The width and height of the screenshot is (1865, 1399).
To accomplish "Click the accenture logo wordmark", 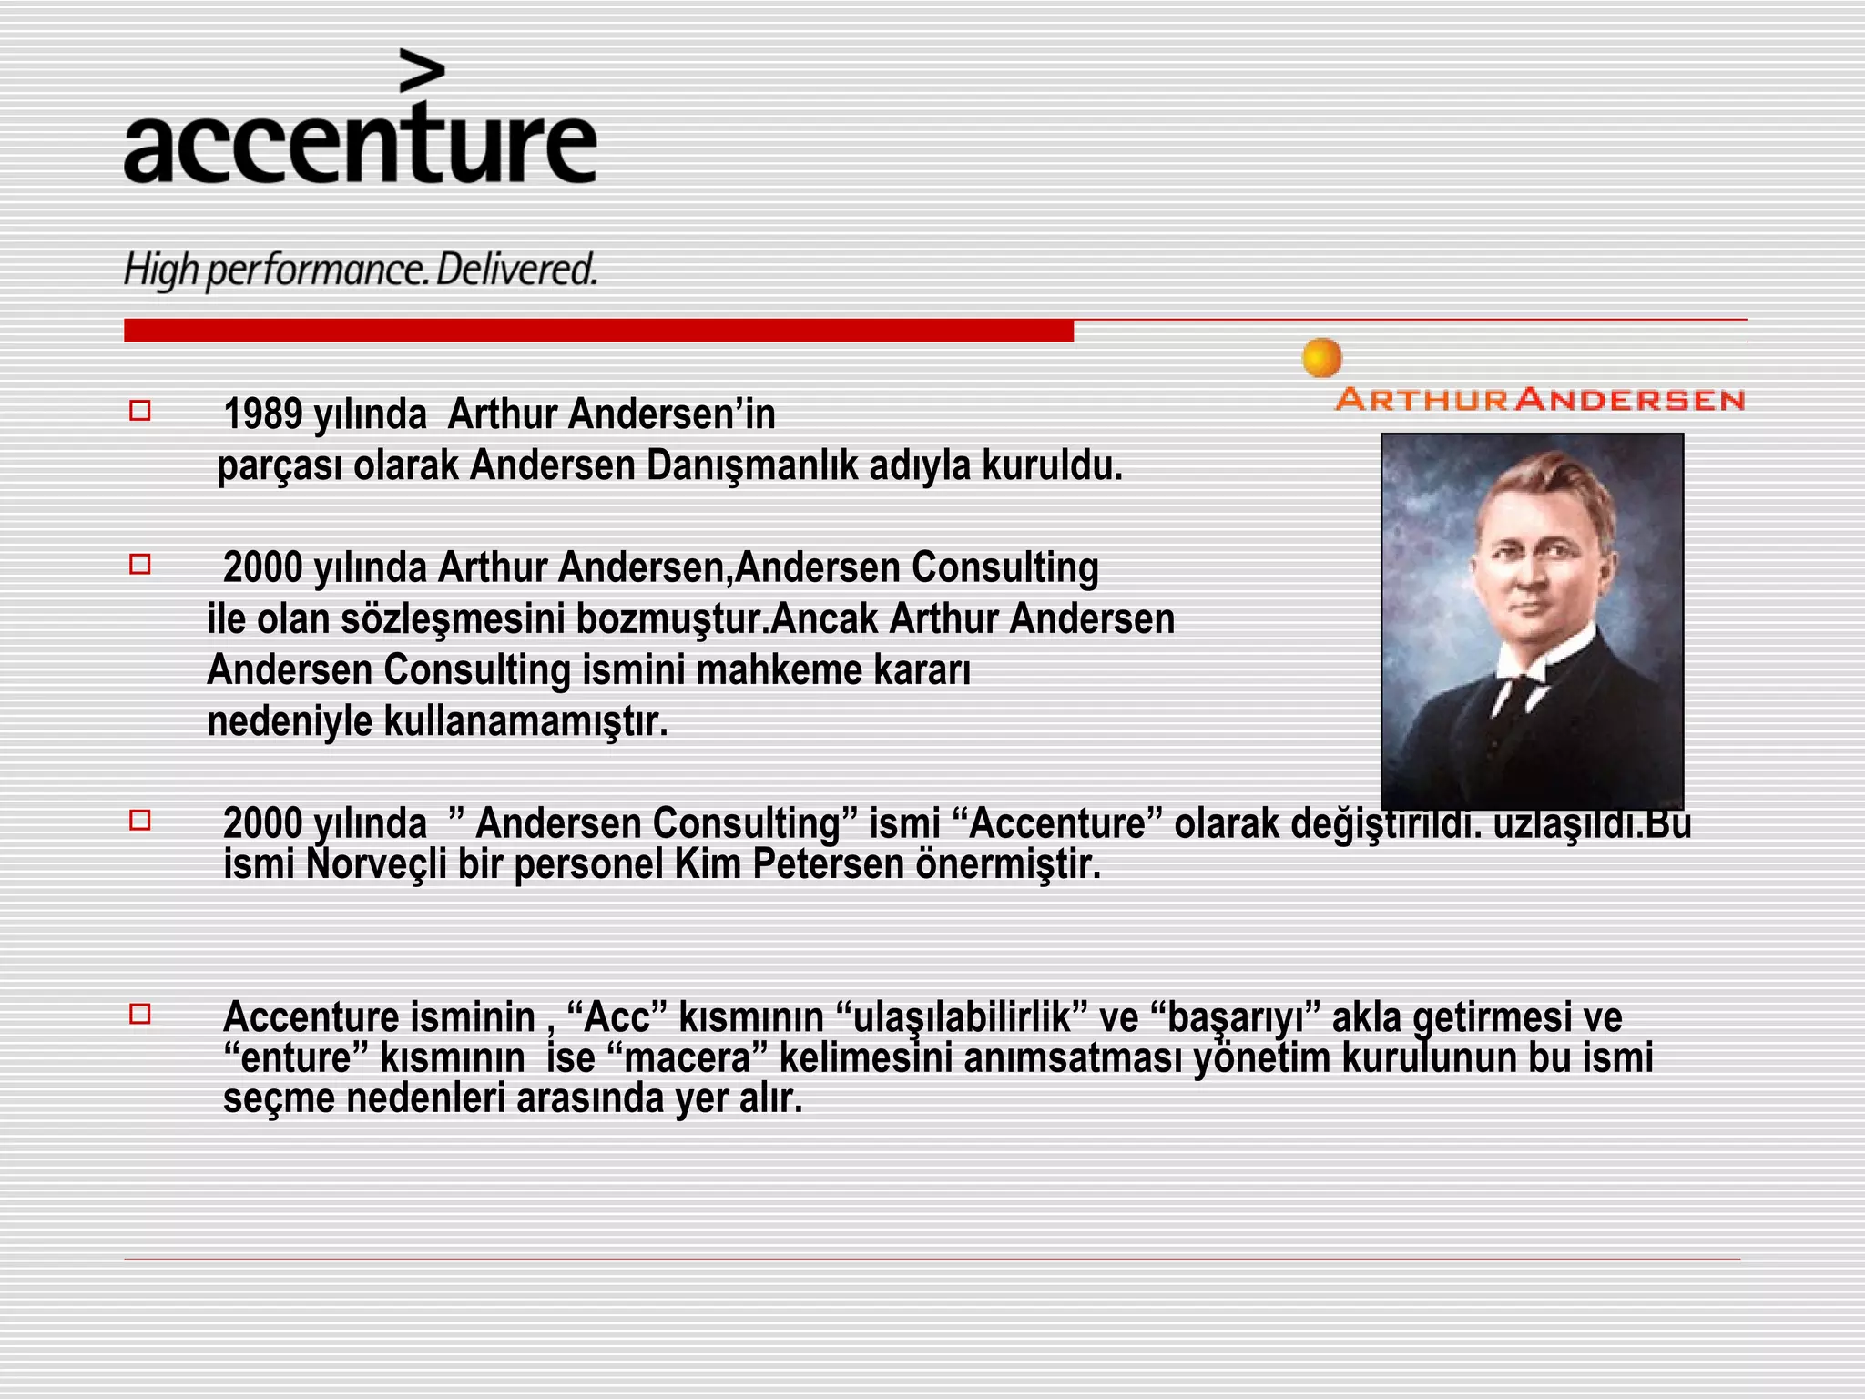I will pyautogui.click(x=360, y=146).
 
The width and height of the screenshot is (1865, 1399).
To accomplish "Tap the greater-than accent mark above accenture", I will pyautogui.click(x=423, y=72).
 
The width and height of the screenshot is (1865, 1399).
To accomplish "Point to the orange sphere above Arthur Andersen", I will pyautogui.click(x=1321, y=358).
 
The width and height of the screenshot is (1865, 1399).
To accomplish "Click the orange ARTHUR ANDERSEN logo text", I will pyautogui.click(x=1539, y=399).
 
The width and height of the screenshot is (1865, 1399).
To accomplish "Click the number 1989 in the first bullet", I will pyautogui.click(x=262, y=414).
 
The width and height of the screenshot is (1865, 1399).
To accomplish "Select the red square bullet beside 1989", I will pyautogui.click(x=139, y=411).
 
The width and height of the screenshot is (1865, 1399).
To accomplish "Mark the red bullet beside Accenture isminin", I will pyautogui.click(x=139, y=1014).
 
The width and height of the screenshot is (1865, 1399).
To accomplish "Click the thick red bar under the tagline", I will pyautogui.click(x=598, y=331).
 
